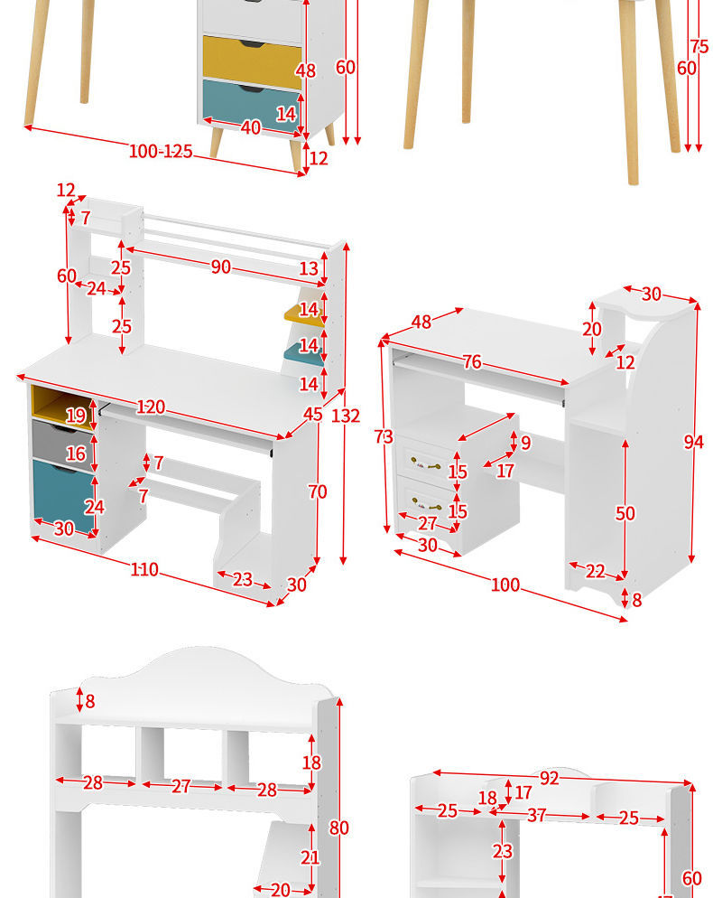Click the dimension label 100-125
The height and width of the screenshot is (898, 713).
tap(161, 151)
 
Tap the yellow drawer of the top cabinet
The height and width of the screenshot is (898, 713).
tap(253, 61)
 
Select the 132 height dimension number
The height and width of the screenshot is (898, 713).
tap(346, 416)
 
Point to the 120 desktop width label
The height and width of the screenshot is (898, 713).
tap(151, 407)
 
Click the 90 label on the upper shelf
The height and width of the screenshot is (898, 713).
tap(221, 267)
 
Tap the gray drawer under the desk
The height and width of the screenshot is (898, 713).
tap(62, 444)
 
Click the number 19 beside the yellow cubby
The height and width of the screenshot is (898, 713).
tap(76, 416)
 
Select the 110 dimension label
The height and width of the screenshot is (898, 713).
tap(144, 569)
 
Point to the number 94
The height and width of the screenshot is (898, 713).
tap(693, 442)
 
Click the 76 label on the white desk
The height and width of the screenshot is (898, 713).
tap(472, 362)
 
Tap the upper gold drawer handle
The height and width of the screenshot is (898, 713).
tap(426, 463)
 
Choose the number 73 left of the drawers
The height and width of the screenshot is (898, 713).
tap(384, 436)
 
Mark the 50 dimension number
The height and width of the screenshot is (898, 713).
tap(625, 513)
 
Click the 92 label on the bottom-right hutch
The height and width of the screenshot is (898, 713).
tap(550, 779)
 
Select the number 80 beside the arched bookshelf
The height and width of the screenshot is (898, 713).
tap(338, 828)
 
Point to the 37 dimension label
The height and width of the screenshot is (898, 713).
tap(536, 815)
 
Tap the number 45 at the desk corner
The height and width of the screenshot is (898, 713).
tap(313, 414)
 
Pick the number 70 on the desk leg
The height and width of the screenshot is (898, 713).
tap(318, 491)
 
